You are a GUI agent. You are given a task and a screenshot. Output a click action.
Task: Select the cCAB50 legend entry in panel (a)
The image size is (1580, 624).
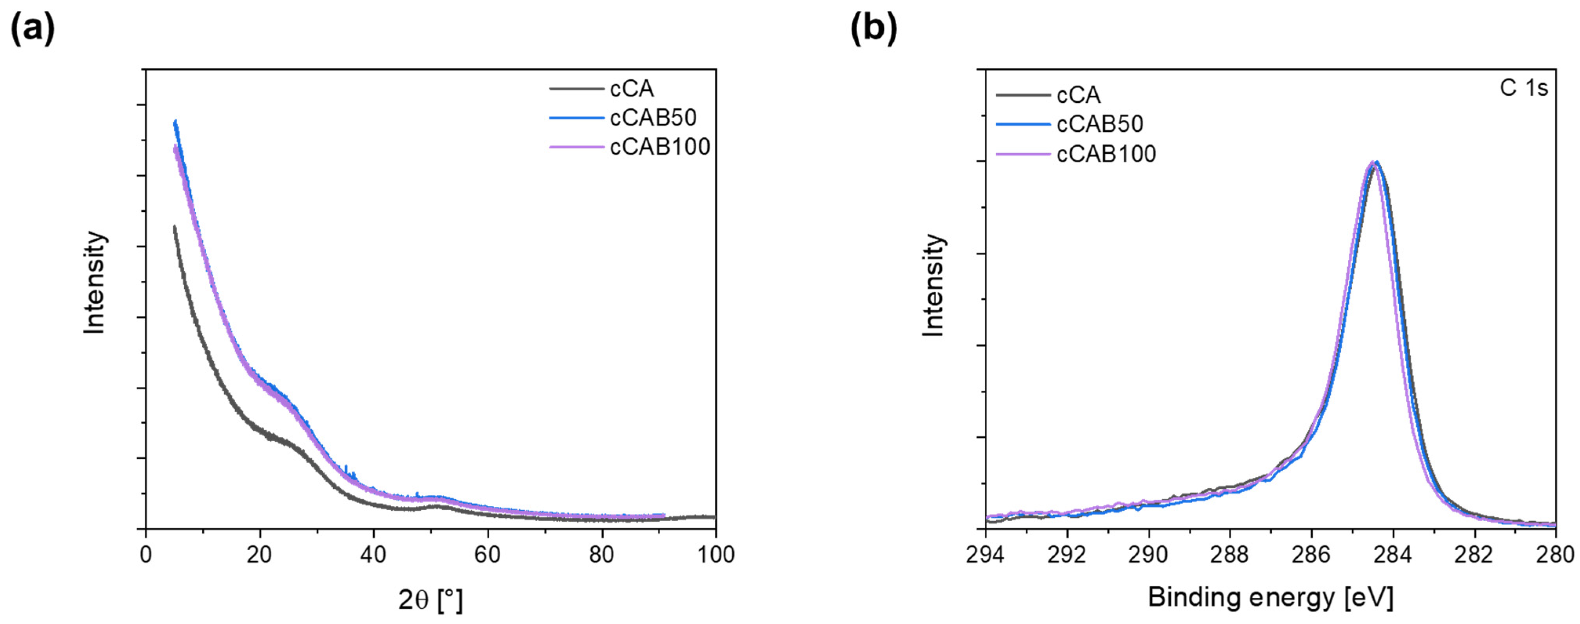[653, 117]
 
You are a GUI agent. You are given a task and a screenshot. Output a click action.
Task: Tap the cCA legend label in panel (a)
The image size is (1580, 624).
[632, 89]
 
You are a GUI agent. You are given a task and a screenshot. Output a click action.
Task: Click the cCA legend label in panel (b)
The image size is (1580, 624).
[1078, 95]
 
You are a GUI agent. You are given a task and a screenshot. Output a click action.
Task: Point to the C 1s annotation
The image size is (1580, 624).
[1524, 88]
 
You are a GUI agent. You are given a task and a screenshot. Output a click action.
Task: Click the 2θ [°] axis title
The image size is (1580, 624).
[430, 599]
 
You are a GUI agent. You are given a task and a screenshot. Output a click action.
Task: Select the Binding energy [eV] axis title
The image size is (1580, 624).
[1270, 597]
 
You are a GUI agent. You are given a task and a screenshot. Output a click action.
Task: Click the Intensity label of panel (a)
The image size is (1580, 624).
[94, 283]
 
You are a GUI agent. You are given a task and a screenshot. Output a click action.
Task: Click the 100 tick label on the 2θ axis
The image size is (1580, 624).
[715, 555]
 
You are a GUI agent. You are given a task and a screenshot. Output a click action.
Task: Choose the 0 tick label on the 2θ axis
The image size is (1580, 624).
[145, 555]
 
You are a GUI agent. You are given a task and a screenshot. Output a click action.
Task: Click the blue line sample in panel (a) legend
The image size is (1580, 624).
[577, 117]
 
